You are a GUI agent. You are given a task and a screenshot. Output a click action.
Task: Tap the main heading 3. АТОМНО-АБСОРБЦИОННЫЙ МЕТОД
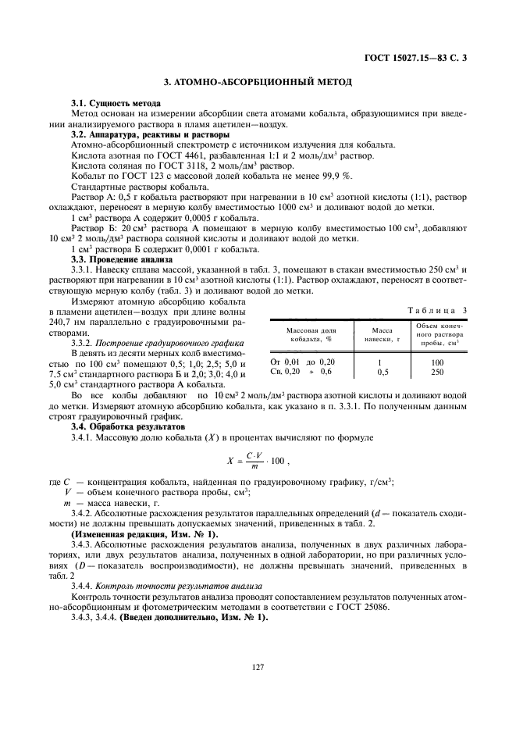258,81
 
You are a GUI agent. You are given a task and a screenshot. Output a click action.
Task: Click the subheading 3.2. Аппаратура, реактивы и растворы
145,134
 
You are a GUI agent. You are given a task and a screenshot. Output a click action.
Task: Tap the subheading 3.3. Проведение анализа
121,259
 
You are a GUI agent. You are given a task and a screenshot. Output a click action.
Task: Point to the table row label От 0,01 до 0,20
302,362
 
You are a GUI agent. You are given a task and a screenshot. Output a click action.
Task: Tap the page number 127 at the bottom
258,666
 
